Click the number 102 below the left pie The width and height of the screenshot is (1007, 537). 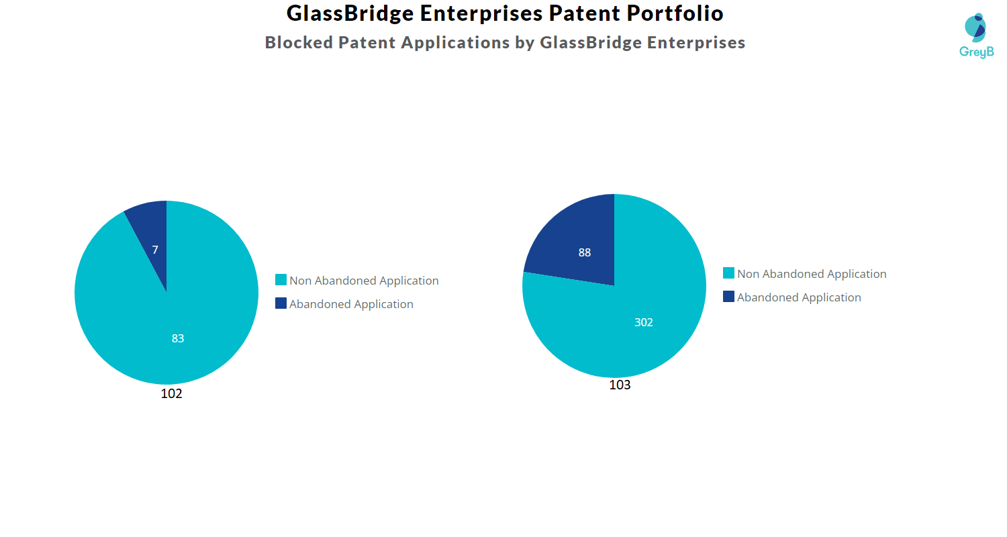pyautogui.click(x=171, y=394)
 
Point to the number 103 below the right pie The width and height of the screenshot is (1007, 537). pyautogui.click(x=620, y=385)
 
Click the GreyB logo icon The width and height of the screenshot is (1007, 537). pyautogui.click(x=975, y=28)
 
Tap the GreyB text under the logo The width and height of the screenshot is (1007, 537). pyautogui.click(x=976, y=52)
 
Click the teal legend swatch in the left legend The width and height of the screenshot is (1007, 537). pyautogui.click(x=281, y=280)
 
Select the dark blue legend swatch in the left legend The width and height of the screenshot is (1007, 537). pyautogui.click(x=281, y=303)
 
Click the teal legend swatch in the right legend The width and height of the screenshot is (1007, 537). pyautogui.click(x=729, y=273)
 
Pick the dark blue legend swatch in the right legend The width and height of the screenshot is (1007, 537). pyautogui.click(x=729, y=297)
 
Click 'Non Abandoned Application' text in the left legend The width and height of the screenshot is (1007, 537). pyautogui.click(x=364, y=281)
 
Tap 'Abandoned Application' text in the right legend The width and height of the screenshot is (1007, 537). pyautogui.click(x=799, y=297)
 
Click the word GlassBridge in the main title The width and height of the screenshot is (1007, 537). pyautogui.click(x=346, y=13)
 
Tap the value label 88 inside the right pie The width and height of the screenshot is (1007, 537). pyautogui.click(x=585, y=253)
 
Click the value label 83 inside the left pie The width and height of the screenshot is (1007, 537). pyautogui.click(x=178, y=339)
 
